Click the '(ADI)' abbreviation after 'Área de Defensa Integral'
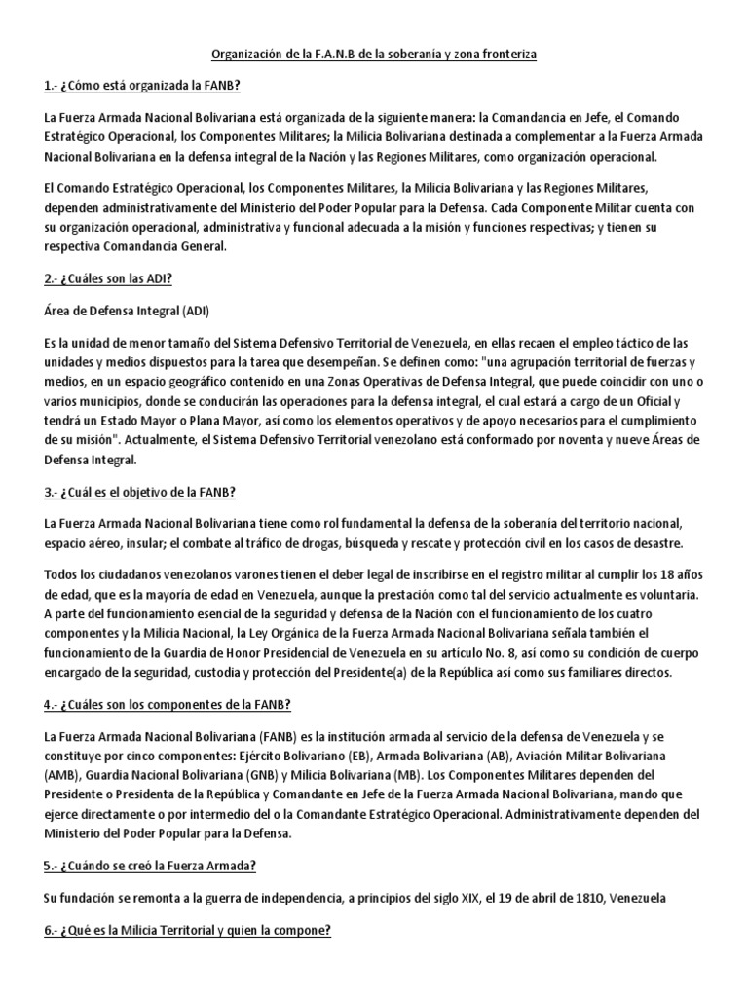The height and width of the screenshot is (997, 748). pyautogui.click(x=193, y=311)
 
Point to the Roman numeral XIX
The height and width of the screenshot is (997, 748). pyautogui.click(x=442, y=898)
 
